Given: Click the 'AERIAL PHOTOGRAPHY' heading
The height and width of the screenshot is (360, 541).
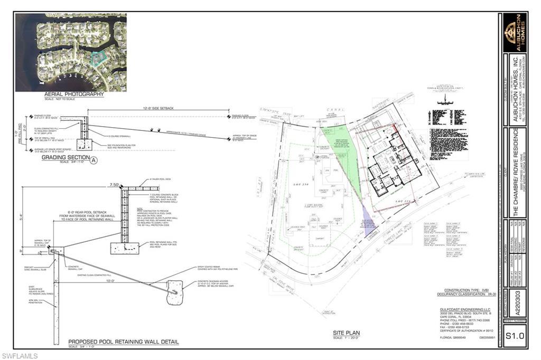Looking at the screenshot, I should [74, 94].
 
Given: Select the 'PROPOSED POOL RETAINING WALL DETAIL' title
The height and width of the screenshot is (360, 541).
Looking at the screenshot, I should [124, 342].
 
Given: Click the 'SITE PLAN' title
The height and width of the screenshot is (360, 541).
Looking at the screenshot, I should [346, 333].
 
